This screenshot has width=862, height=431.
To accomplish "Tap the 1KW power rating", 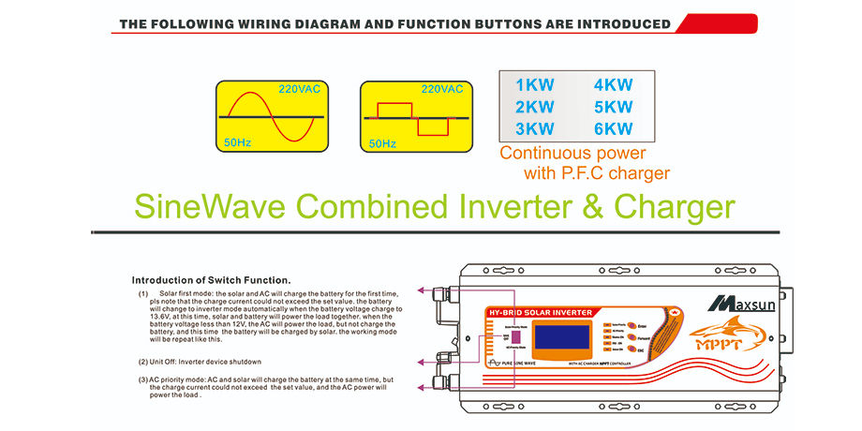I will pyautogui.click(x=535, y=84).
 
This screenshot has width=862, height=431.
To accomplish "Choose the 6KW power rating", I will pyautogui.click(x=614, y=128).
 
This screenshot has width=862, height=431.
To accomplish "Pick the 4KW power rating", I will pyautogui.click(x=614, y=84).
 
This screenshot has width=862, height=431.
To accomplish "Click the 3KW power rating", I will pyautogui.click(x=535, y=128).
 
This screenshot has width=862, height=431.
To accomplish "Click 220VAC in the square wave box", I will pyautogui.click(x=441, y=89).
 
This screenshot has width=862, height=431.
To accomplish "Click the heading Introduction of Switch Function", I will pyautogui.click(x=211, y=279).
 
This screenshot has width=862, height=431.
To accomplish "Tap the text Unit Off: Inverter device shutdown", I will pyautogui.click(x=200, y=361).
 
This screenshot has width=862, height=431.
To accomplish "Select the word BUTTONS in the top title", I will pyautogui.click(x=497, y=24).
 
